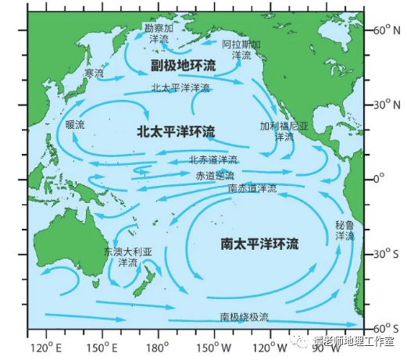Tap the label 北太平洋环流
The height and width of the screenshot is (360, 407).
click(176, 130)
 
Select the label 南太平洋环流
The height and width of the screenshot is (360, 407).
click(259, 244)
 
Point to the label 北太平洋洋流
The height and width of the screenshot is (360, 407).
click(180, 87)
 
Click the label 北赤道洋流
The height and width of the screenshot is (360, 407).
click(213, 160)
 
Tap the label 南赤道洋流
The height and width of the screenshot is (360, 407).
click(252, 188)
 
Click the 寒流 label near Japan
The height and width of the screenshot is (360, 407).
click(94, 73)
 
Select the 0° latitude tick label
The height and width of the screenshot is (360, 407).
click(383, 179)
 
